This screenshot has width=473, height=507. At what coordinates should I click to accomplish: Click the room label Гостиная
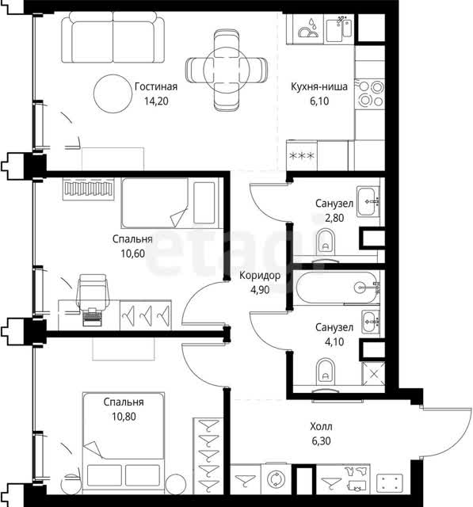coord(156,86)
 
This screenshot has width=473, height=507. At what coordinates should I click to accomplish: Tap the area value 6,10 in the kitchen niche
coord(319,101)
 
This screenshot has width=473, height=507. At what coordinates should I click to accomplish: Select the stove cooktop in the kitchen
coord(369,93)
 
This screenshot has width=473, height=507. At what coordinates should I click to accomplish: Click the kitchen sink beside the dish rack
coord(339,29)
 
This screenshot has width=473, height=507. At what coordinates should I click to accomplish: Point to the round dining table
coord(227,70)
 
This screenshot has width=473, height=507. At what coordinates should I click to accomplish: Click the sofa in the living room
coord(113,37)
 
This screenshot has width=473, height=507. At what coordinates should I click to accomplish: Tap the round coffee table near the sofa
coord(113,93)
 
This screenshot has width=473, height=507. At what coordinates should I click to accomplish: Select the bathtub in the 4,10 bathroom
coord(338,288)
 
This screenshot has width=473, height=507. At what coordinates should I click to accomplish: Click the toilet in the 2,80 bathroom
coord(326,242)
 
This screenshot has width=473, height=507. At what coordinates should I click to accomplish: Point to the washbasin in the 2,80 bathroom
coord(368,201)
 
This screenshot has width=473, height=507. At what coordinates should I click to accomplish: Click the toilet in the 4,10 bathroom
coord(326,372)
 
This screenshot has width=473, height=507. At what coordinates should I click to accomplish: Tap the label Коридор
coord(260,276)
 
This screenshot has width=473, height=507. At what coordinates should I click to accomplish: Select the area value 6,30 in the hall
coord(321,441)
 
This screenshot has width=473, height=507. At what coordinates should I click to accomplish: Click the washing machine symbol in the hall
coord(276,479)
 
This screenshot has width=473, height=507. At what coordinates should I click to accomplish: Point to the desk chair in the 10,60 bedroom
coord(93,292)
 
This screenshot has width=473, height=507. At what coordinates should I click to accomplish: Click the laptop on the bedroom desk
coord(91,317)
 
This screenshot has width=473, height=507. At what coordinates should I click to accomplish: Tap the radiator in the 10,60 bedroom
coord(88,189)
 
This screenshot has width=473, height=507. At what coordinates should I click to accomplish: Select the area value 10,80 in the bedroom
coord(124,417)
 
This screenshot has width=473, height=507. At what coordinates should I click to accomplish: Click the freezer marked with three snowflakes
coord(302,156)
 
